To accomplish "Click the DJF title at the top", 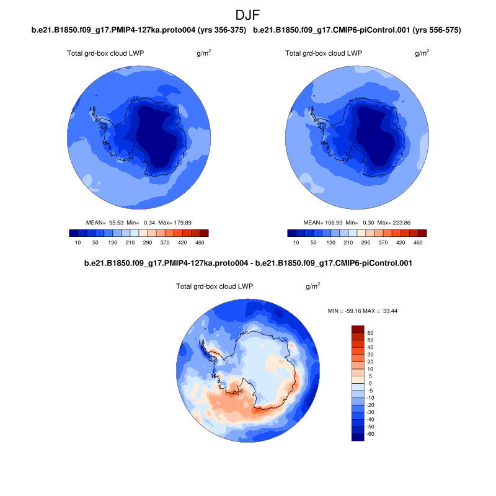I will coord(248,15).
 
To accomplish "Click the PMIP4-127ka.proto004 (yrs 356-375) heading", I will coord(139,30).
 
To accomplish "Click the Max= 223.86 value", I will coord(392,222).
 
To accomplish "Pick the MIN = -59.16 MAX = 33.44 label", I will coord(362,310).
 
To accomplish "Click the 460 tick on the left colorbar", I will coord(200,242).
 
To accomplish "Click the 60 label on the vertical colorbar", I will coord(370,333).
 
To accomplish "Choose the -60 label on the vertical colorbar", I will coord(370,434).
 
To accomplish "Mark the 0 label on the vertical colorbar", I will coord(370,383).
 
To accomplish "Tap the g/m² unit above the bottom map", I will coord(312,286).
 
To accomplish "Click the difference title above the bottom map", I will coord(248,263).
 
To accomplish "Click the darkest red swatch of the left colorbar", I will coord(205,233).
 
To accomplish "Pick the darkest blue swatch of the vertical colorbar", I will coord(358,437).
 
